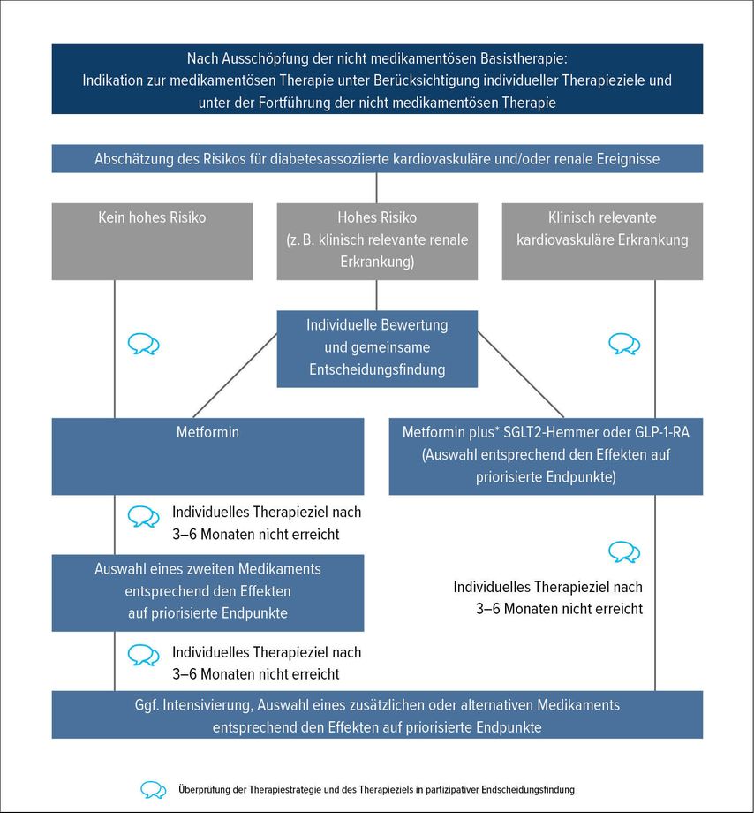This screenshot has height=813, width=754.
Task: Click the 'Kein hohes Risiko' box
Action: tap(152, 241)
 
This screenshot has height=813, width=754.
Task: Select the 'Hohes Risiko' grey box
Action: tap(377, 241)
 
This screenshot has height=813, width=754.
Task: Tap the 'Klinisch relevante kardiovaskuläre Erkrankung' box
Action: tap(602, 241)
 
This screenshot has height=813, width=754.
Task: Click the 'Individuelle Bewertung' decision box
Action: tap(377, 349)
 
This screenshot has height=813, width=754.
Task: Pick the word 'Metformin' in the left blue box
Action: tap(207, 432)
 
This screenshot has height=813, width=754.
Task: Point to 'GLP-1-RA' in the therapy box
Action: tap(662, 432)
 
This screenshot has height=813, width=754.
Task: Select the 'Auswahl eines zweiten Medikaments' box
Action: tap(207, 593)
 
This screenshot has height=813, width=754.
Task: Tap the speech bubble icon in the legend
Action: tap(154, 790)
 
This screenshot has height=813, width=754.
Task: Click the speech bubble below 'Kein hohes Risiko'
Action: tap(143, 344)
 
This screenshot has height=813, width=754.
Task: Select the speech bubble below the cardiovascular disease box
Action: tap(624, 344)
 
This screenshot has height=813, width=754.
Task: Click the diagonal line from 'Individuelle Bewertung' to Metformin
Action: tap(235, 376)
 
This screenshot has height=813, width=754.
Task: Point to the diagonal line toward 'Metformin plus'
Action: tap(520, 375)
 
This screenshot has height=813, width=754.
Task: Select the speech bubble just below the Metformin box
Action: tap(143, 516)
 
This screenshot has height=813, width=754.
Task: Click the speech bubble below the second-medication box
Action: tap(143, 656)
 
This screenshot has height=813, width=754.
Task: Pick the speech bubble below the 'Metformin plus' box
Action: tap(624, 552)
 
